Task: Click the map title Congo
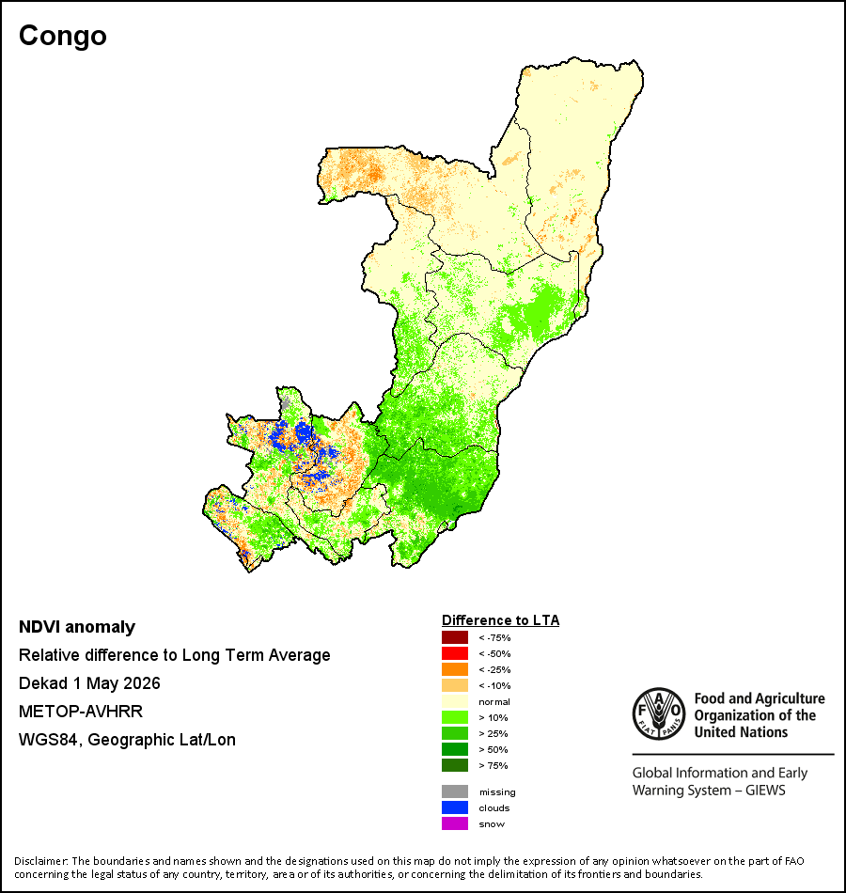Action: (63, 36)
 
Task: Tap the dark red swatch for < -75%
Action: (455, 637)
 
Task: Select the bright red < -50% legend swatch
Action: (455, 653)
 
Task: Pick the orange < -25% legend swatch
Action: (455, 669)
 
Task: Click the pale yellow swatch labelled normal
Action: (455, 701)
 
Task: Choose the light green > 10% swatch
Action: (455, 717)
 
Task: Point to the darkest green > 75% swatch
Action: (455, 765)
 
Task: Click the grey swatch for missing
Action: (455, 791)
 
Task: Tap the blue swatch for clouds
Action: (455, 807)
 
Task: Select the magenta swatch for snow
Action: (455, 823)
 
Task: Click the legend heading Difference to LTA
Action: (500, 620)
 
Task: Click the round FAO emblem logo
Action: (659, 713)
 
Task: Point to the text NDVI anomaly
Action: (77, 627)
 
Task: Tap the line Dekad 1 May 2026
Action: (89, 683)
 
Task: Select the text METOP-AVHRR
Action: (81, 712)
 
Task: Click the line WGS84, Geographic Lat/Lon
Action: (127, 740)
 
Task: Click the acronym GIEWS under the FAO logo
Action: (765, 791)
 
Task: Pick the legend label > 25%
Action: (493, 733)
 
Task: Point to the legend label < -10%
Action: (494, 685)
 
